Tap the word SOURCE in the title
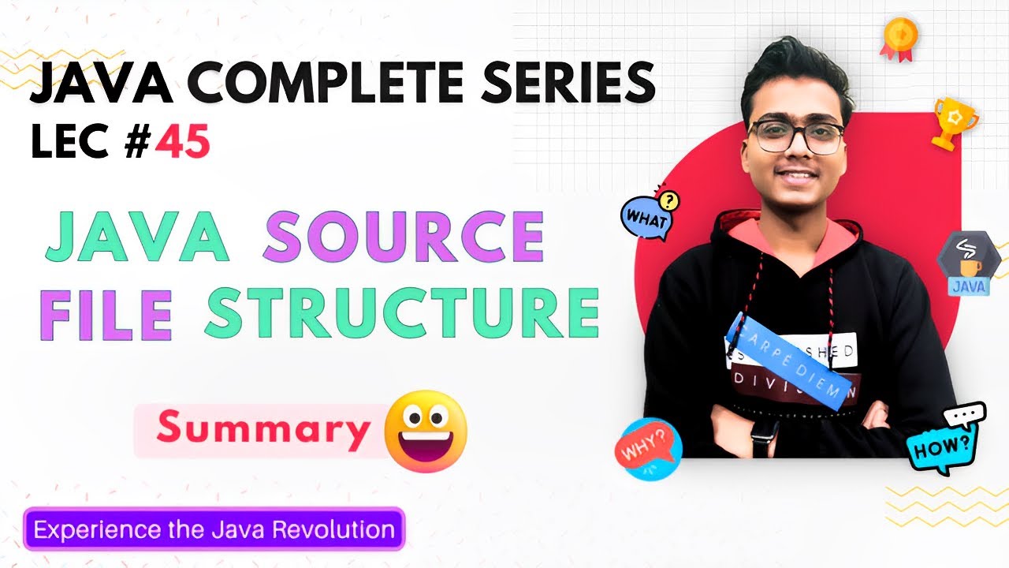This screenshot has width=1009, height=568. [x=403, y=237]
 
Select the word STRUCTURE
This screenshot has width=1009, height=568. [x=402, y=313]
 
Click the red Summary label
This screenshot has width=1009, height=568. [x=263, y=429]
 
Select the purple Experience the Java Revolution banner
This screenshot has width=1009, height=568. [x=214, y=529]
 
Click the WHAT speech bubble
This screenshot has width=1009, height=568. [x=648, y=216]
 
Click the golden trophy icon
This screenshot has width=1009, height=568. [x=952, y=122]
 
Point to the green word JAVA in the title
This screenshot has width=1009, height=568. [x=136, y=237]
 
